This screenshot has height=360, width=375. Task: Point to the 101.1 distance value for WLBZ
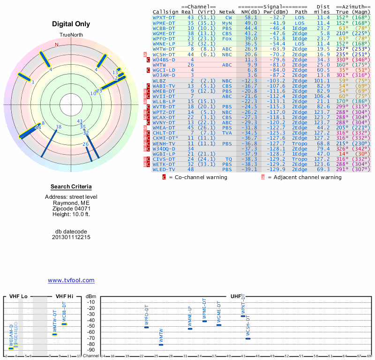click(321, 81)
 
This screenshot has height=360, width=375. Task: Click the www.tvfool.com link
click(71, 280)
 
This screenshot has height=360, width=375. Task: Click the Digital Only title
click(71, 24)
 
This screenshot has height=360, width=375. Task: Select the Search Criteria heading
click(71, 187)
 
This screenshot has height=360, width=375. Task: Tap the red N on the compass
click(57, 45)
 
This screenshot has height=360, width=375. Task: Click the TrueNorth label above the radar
click(71, 36)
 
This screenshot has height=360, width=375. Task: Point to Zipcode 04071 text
click(71, 209)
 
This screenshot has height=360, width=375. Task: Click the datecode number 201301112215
click(71, 237)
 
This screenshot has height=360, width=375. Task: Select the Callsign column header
click(165, 12)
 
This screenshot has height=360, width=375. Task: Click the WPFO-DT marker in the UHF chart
click(146, 327)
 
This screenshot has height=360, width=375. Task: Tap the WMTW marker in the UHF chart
click(161, 345)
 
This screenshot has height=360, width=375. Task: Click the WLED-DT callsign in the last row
click(164, 169)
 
